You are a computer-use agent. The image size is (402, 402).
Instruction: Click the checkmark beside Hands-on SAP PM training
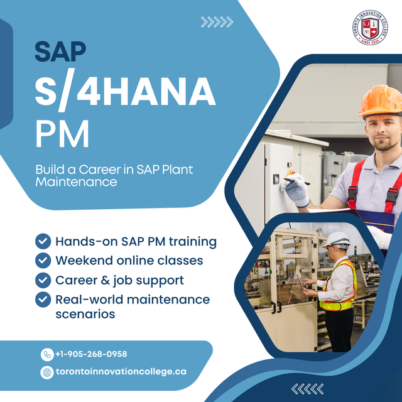(x=43, y=241)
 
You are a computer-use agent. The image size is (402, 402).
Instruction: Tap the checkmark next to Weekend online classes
(x=43, y=260)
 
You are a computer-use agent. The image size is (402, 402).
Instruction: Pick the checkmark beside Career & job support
(x=43, y=280)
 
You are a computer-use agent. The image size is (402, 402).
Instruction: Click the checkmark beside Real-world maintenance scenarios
(x=43, y=299)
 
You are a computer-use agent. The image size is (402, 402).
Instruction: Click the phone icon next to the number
(x=46, y=354)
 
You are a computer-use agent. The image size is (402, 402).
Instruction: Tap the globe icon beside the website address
(x=46, y=372)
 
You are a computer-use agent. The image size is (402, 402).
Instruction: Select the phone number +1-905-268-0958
(x=91, y=354)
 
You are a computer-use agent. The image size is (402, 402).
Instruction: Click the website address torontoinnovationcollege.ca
(x=121, y=372)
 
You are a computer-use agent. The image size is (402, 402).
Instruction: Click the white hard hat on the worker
(x=339, y=239)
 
